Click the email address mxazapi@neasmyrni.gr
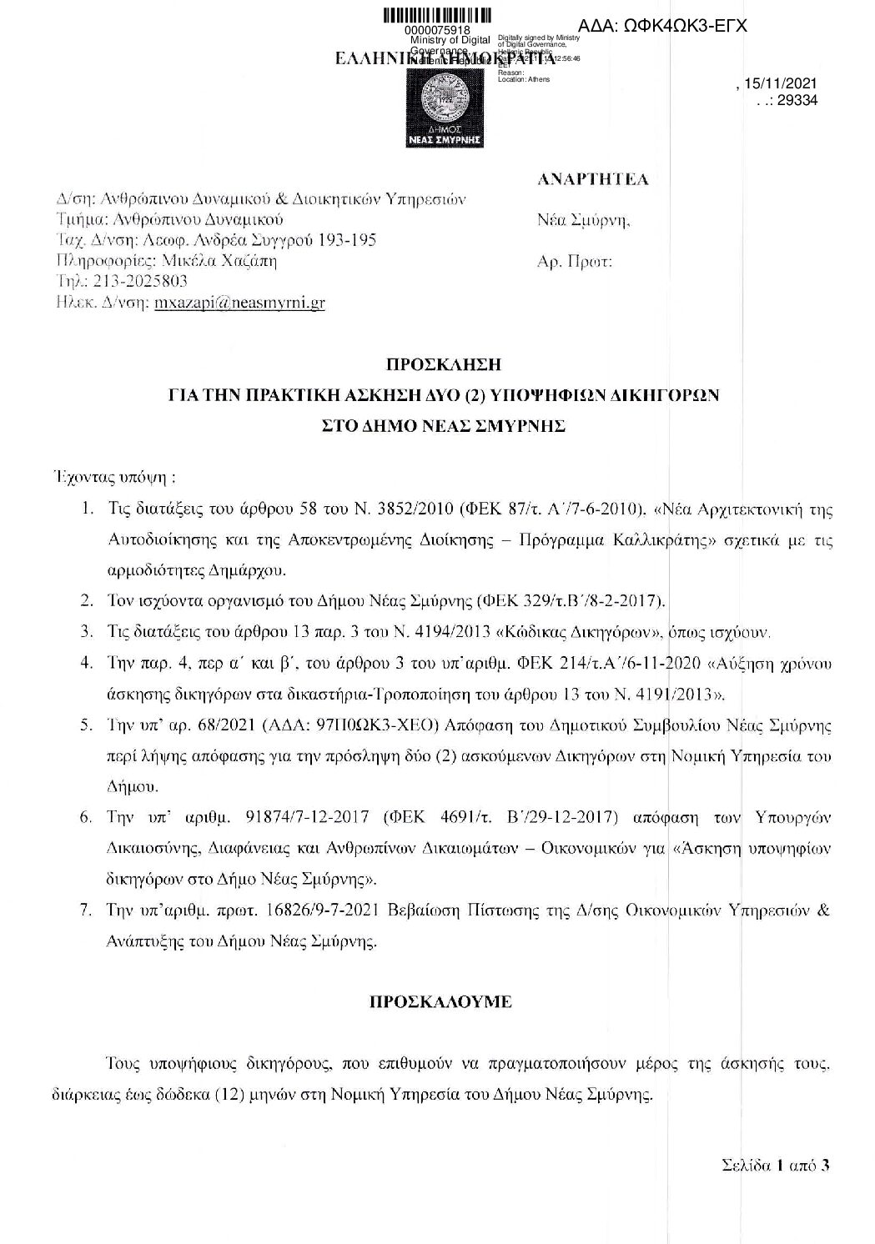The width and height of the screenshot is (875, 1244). tap(239, 303)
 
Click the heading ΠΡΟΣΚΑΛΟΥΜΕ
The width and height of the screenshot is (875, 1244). tap(440, 1003)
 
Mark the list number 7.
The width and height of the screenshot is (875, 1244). tap(85, 910)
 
